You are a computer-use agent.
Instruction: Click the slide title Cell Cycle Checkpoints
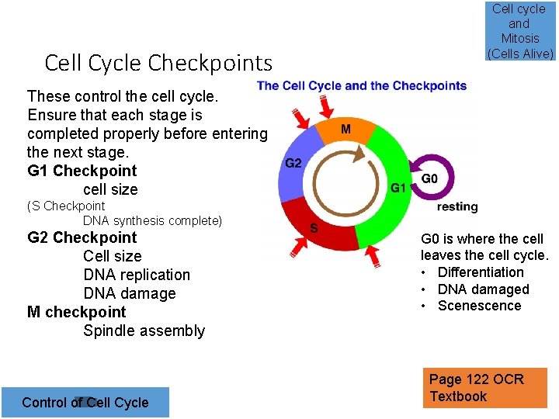click(x=158, y=62)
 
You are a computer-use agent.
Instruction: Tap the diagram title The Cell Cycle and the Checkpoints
click(x=362, y=85)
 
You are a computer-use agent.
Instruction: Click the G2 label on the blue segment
click(x=293, y=164)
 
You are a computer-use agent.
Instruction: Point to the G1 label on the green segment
click(x=398, y=188)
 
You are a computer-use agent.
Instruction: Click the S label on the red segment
click(x=314, y=227)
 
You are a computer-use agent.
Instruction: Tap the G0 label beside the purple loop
click(x=429, y=179)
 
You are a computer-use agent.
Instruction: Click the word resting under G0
click(x=457, y=207)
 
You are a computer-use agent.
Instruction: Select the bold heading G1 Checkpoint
click(x=82, y=171)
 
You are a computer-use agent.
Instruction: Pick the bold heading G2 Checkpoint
click(x=82, y=237)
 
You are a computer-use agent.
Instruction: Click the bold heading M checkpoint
click(x=76, y=312)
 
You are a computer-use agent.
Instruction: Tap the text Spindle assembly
click(x=144, y=331)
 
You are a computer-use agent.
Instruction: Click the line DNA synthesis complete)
click(x=152, y=221)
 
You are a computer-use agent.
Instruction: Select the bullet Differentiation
click(x=481, y=272)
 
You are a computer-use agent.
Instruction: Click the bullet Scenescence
click(x=479, y=306)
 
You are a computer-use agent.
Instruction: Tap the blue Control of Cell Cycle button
click(x=85, y=402)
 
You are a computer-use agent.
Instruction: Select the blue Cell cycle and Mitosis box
click(x=519, y=31)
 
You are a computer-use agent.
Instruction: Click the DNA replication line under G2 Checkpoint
click(x=137, y=275)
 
